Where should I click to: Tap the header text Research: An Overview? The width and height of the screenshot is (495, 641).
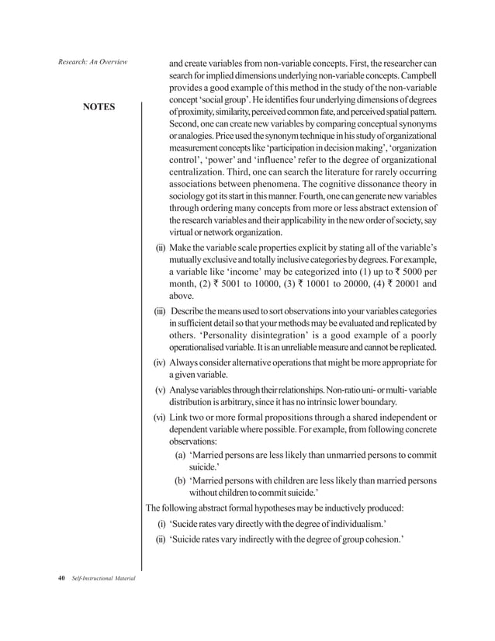pos(89,61)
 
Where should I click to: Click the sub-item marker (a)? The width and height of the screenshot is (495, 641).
pos(180,455)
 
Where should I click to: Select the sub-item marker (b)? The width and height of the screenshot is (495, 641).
pos(180,480)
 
